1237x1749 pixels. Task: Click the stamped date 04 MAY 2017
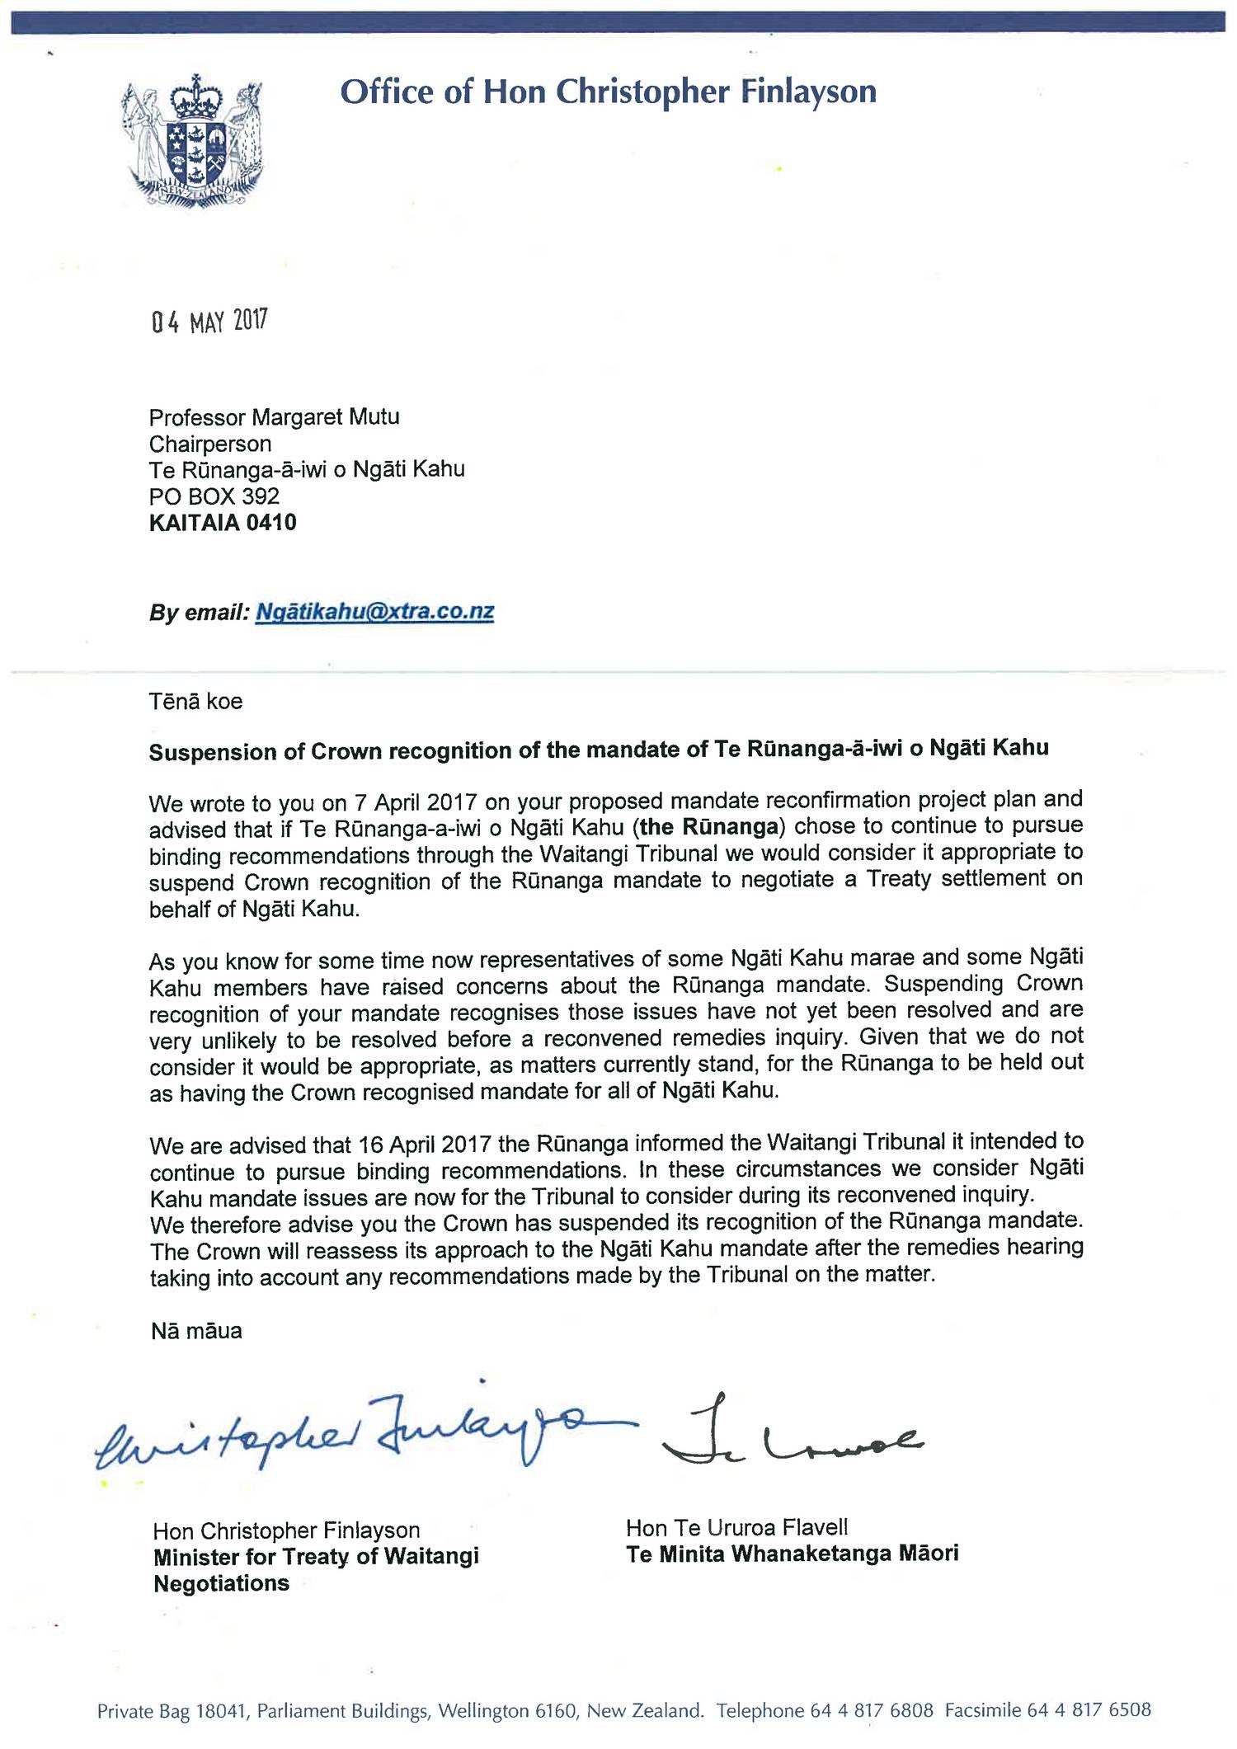click(x=209, y=321)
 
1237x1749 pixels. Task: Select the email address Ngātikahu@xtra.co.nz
click(x=374, y=612)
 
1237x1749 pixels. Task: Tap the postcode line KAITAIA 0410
click(x=223, y=523)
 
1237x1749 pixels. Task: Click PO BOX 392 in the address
click(x=214, y=496)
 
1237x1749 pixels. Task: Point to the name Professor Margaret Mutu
click(x=274, y=417)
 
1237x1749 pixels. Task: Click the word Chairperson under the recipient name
click(x=209, y=444)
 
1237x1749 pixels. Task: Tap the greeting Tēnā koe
click(x=195, y=702)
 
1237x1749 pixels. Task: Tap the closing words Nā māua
click(x=196, y=1331)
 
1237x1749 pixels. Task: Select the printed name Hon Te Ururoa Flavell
click(x=736, y=1528)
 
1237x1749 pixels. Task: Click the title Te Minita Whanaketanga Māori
click(x=792, y=1554)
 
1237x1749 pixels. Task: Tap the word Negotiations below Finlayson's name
click(x=221, y=1583)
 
